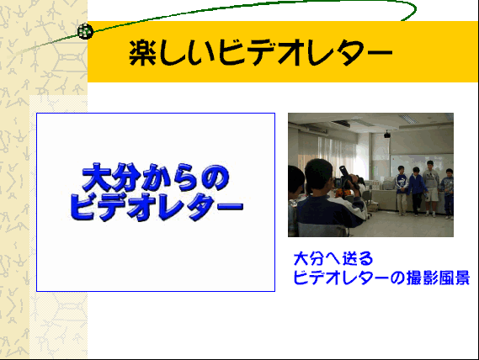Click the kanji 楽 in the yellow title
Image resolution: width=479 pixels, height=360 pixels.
click(x=142, y=53)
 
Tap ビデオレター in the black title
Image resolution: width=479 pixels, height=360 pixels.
click(x=306, y=53)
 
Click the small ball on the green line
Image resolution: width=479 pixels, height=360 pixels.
click(x=85, y=31)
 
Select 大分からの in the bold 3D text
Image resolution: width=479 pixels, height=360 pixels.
click(x=156, y=177)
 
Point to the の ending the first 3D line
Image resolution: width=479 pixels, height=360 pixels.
click(x=216, y=177)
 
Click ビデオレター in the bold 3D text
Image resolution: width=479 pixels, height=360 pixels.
click(x=157, y=207)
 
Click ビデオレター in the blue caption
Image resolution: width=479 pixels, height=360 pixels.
click(x=341, y=278)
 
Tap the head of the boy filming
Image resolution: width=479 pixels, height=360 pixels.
click(x=318, y=175)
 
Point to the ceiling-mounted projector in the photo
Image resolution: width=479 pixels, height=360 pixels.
click(x=387, y=135)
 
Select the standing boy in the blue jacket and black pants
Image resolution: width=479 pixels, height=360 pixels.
click(x=417, y=192)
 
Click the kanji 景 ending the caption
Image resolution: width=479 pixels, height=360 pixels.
click(x=462, y=278)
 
